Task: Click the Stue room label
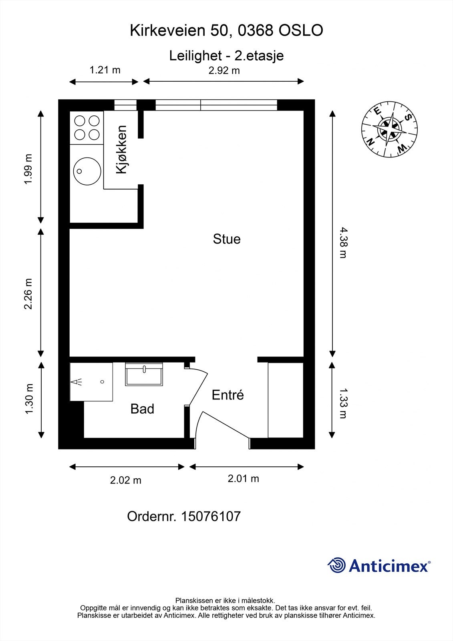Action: pos(227,239)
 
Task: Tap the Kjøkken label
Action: pos(121,149)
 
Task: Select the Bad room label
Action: pos(142,409)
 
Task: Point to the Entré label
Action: pos(228,395)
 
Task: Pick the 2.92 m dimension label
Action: pos(224,71)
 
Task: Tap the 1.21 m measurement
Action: pos(105,70)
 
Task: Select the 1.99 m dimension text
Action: pos(28,169)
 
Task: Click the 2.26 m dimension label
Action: pos(28,294)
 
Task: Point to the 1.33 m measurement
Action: pos(343,403)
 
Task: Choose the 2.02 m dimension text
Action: pos(126,480)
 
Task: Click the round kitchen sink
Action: pos(87,171)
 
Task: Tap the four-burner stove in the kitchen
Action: pos(87,127)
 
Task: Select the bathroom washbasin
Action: pos(144,375)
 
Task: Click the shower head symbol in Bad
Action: pos(77,382)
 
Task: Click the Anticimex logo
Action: pos(379,566)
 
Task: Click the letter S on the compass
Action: pos(408,117)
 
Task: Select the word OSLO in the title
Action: pos(300,31)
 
